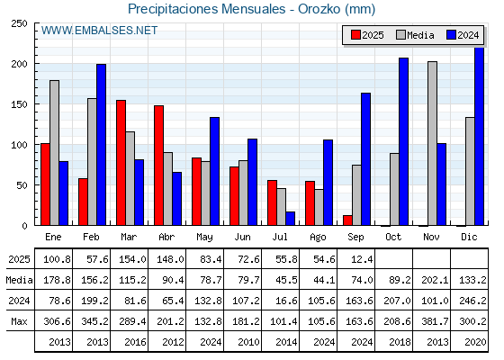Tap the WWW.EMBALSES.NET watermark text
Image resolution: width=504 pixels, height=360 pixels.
(99, 31)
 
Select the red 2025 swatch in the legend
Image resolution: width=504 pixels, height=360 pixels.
(355, 35)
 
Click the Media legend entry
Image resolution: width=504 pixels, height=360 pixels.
(415, 35)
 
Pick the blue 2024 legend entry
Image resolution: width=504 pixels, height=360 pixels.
(463, 35)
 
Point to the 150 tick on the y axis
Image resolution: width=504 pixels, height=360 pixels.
(19, 104)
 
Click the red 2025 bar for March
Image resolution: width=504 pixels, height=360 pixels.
(121, 163)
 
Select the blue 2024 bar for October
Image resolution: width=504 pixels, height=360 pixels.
(404, 141)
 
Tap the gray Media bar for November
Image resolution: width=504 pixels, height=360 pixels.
(432, 143)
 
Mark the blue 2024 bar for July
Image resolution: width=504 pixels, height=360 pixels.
(290, 218)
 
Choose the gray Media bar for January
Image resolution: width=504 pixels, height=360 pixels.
(54, 153)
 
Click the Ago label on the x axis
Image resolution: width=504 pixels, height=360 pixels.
(318, 238)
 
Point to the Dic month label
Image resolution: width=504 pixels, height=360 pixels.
(469, 237)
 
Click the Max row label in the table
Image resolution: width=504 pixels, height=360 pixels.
(19, 321)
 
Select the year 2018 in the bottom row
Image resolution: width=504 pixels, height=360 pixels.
(400, 342)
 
